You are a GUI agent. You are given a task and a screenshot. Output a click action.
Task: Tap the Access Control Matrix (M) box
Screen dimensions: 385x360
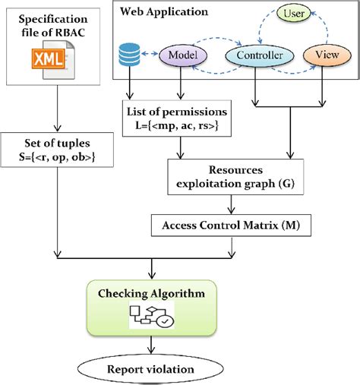[x=230, y=226]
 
